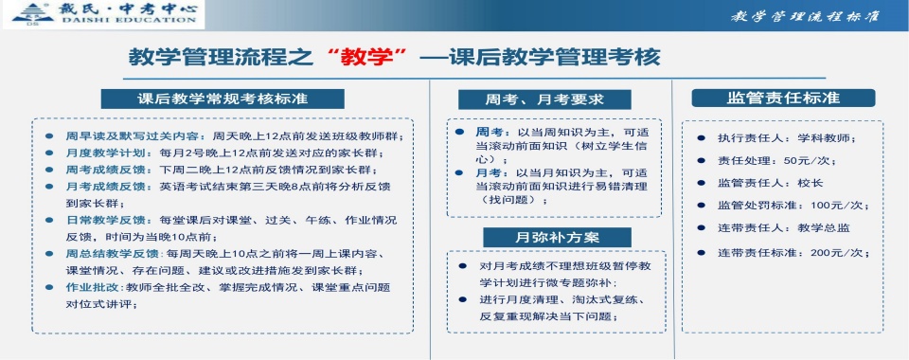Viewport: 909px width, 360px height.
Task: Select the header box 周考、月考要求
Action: (544, 99)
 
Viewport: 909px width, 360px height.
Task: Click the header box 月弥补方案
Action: (544, 236)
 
